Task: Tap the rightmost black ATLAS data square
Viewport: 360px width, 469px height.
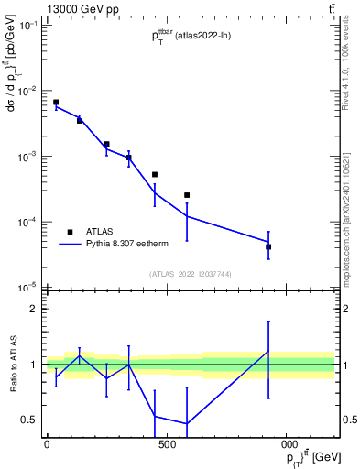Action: [x=268, y=246]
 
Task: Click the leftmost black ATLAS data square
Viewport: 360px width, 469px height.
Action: [x=56, y=103]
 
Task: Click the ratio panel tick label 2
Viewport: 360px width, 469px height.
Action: [x=33, y=309]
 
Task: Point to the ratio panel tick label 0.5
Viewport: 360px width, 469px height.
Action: [x=29, y=420]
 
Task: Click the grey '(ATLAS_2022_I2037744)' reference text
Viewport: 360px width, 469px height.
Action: [x=191, y=274]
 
